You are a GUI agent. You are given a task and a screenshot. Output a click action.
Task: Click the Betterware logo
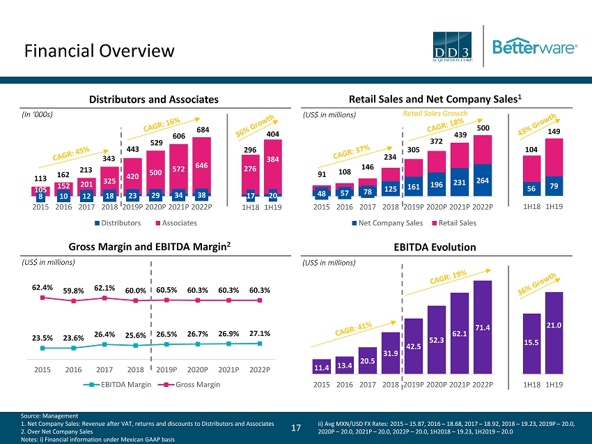click(535, 47)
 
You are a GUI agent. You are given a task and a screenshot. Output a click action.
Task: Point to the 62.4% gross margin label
click(42, 286)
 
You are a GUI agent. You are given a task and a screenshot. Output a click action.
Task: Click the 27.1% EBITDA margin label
click(260, 332)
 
